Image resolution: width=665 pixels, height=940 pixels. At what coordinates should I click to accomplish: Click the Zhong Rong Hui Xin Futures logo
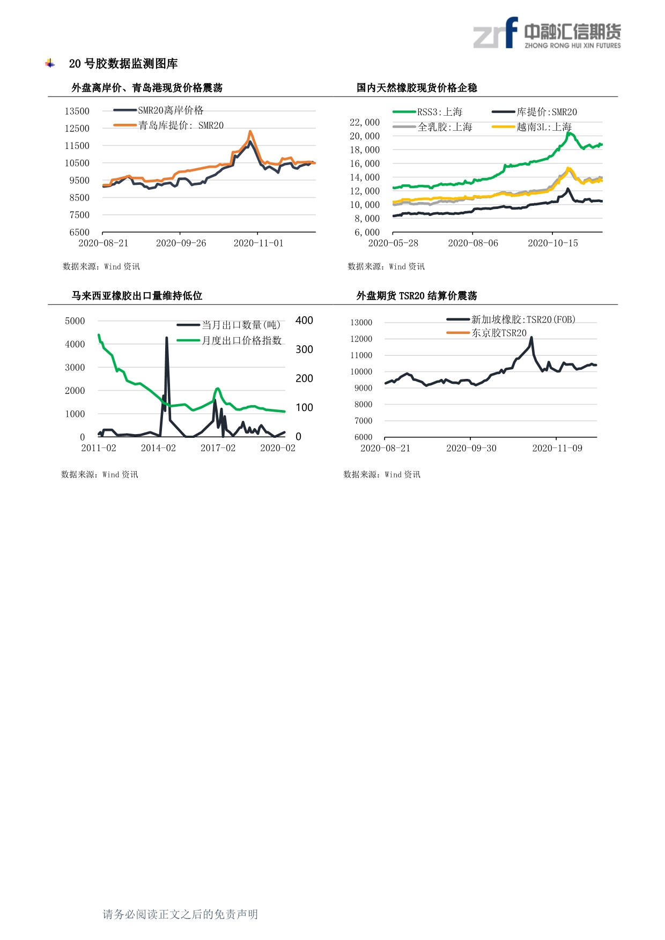547,33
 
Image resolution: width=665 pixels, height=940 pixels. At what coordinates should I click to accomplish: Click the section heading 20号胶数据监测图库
123,64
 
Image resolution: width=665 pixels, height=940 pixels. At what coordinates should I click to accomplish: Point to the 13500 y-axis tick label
77,111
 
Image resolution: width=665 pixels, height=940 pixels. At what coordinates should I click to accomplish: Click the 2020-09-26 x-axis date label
181,243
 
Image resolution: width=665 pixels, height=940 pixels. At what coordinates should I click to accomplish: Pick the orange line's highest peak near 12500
250,131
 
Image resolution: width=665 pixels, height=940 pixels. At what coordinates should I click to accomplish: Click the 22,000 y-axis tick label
365,122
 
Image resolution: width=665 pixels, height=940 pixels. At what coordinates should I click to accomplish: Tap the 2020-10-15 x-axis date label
552,243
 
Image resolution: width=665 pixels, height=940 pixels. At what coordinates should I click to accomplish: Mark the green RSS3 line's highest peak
569,133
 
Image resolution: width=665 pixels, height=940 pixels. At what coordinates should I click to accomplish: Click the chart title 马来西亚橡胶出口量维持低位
137,296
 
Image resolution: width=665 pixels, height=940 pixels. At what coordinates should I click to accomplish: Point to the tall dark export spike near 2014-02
167,338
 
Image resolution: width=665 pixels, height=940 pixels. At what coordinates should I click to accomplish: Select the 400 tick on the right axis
304,320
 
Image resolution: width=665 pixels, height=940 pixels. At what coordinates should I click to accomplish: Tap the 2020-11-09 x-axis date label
557,448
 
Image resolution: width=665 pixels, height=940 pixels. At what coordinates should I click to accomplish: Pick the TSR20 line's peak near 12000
531,337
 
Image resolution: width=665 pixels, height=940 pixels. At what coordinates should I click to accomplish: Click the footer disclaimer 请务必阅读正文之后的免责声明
180,914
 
